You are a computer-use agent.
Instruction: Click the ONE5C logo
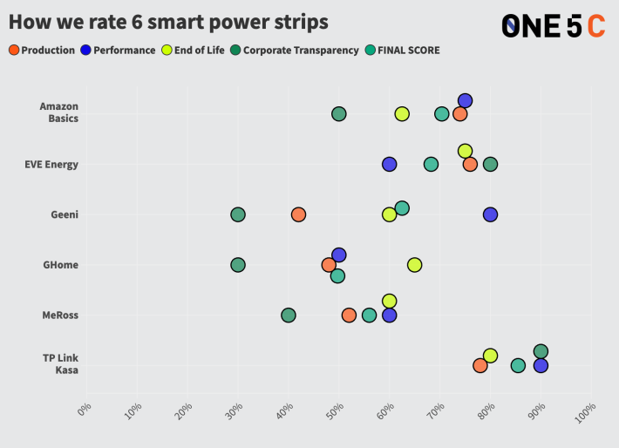pyautogui.click(x=553, y=26)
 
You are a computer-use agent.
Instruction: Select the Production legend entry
pyautogui.click(x=42, y=51)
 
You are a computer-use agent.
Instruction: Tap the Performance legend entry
pyautogui.click(x=118, y=51)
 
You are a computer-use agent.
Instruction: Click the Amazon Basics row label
pyautogui.click(x=58, y=112)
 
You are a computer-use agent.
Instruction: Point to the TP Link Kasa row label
pyautogui.click(x=60, y=364)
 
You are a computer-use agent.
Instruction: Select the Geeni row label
pyautogui.click(x=64, y=214)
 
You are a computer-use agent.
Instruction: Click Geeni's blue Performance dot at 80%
pyautogui.click(x=490, y=214)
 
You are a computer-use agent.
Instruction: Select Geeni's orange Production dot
pyautogui.click(x=298, y=214)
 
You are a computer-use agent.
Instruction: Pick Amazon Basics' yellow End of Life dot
pyautogui.click(x=402, y=114)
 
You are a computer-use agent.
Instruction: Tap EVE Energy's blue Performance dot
pyautogui.click(x=389, y=164)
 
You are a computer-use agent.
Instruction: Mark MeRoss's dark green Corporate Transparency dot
pyautogui.click(x=288, y=315)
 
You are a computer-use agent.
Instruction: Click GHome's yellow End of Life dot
pyautogui.click(x=414, y=265)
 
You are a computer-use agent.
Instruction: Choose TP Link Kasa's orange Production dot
pyautogui.click(x=480, y=365)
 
